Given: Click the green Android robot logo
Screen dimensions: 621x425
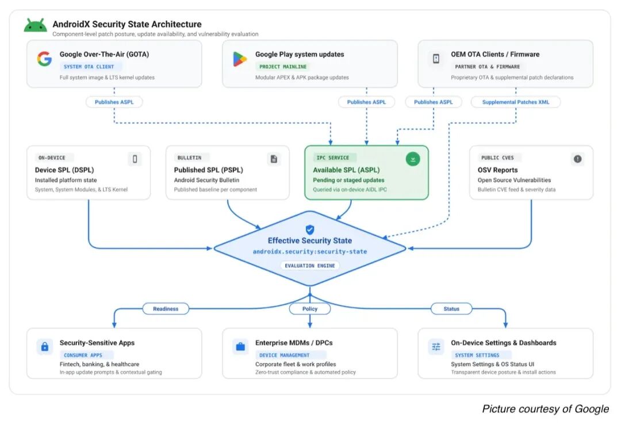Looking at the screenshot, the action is (x=35, y=25).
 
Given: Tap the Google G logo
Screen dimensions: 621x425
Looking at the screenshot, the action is (x=44, y=59).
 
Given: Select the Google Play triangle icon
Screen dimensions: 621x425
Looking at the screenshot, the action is (x=240, y=59).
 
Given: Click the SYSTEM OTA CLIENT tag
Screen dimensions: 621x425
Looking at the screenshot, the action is (x=89, y=67).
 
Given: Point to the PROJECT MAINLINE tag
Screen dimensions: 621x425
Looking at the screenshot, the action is (x=283, y=67).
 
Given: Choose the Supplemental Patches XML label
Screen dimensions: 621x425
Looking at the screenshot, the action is (x=516, y=102).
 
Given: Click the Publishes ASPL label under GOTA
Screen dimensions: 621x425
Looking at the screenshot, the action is (x=114, y=102).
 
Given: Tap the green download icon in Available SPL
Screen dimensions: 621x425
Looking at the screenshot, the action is (x=413, y=159).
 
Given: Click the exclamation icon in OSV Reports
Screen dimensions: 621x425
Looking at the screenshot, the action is (x=577, y=159).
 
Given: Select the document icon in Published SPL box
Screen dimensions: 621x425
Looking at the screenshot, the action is (x=274, y=159).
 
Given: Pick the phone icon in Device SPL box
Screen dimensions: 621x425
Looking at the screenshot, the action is (x=135, y=159).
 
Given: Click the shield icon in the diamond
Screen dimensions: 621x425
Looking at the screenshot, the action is (x=310, y=229).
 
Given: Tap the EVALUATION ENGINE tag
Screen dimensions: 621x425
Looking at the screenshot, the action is (x=310, y=265).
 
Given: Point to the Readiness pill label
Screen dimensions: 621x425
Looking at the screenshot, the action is (x=166, y=309).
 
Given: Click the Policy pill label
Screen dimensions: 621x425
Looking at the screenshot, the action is (x=310, y=309).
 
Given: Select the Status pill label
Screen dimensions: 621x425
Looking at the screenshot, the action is (x=451, y=309).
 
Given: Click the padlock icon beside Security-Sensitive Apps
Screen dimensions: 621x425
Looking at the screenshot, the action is (x=45, y=347).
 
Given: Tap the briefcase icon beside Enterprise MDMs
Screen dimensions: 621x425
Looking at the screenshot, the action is (x=240, y=347).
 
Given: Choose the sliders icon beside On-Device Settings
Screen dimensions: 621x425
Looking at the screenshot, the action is (x=436, y=347).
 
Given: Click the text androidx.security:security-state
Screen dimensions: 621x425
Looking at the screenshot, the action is (x=310, y=251).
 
